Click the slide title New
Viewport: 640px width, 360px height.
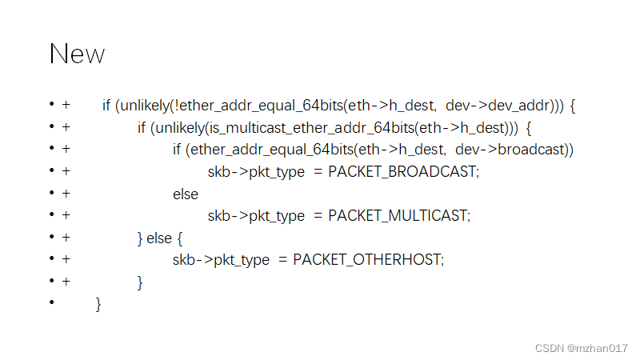point(77,54)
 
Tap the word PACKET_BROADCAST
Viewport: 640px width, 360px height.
point(403,171)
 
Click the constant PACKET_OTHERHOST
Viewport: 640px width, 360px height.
point(368,259)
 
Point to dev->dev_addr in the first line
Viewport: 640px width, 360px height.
point(496,105)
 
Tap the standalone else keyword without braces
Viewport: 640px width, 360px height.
point(185,194)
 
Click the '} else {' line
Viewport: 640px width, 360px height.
point(160,238)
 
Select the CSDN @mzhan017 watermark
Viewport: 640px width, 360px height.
point(581,348)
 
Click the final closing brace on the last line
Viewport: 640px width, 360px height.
point(98,304)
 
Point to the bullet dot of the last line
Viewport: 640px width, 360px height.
point(51,302)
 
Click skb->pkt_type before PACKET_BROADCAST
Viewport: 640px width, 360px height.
point(256,171)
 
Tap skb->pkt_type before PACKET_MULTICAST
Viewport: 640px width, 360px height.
point(256,215)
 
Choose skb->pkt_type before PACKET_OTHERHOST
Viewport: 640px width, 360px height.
point(221,259)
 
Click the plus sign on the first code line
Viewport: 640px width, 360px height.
point(66,105)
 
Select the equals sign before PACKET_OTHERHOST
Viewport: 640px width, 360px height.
point(282,259)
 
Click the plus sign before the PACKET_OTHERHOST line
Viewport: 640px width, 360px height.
point(66,259)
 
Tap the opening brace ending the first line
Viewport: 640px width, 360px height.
point(573,106)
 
